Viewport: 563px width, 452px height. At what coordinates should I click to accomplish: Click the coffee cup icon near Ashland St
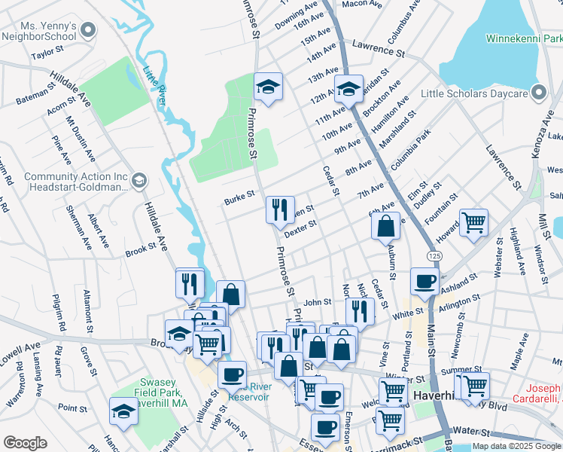point(425,282)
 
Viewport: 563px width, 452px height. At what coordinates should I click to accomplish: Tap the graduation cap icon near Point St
point(123,411)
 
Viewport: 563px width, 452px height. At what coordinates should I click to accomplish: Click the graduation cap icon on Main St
point(348,88)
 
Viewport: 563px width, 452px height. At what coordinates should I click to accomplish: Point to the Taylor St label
point(47,55)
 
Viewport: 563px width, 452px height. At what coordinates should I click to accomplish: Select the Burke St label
point(239,201)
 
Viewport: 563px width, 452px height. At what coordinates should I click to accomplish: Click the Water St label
point(473,433)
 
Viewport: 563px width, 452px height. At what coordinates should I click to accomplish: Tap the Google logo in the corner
point(25,443)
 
